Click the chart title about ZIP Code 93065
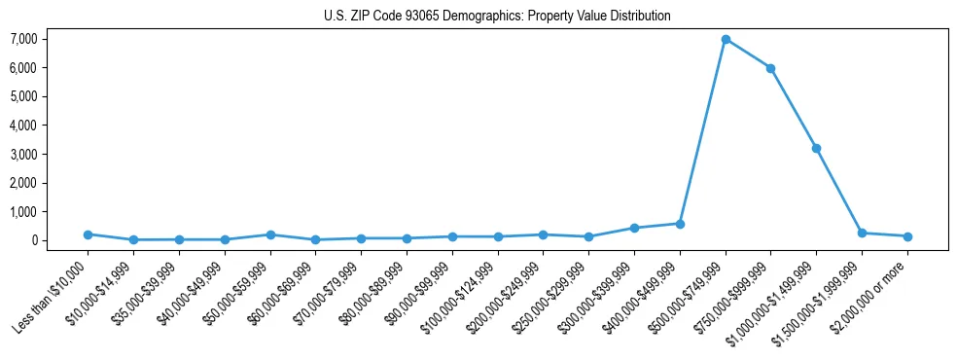point(497,16)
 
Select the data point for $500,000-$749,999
point(726,39)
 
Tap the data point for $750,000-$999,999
point(770,68)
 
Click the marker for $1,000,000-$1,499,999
point(816,148)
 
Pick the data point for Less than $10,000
point(88,234)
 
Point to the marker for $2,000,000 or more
point(907,236)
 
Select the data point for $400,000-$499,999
point(680,224)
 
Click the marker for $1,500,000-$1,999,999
point(862,234)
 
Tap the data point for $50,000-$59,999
point(270,234)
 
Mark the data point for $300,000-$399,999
point(634,228)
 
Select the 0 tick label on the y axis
point(59,240)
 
